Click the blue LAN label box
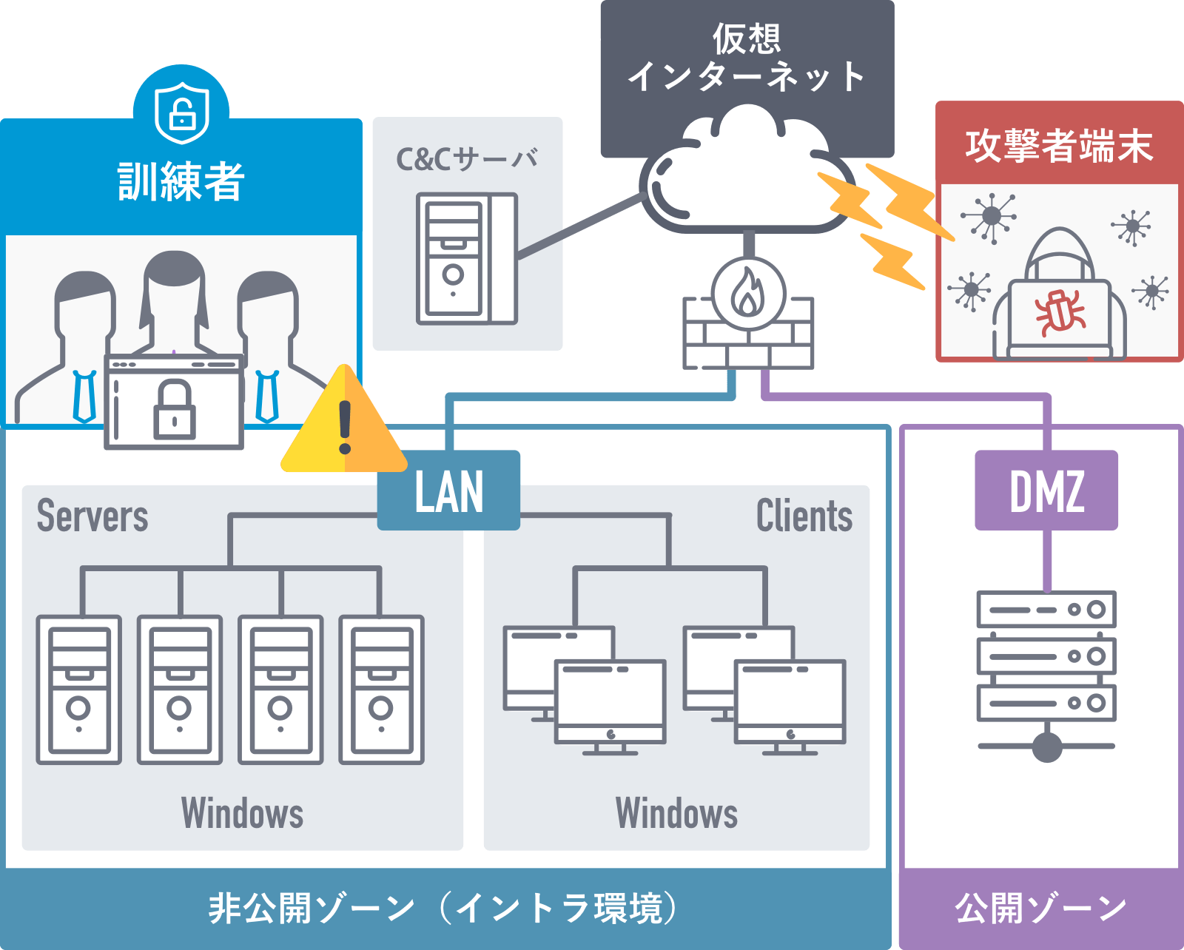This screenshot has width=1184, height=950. point(448,491)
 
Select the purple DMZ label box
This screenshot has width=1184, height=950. point(1046,491)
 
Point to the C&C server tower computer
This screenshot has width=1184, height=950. point(466,259)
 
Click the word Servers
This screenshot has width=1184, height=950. point(92,516)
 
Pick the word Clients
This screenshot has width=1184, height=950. point(804,516)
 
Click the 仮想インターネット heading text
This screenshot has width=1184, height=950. point(747,58)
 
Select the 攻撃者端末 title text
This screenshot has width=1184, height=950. point(1059,145)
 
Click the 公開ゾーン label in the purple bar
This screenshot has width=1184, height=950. point(1040,908)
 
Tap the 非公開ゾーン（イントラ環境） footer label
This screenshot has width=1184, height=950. point(444,908)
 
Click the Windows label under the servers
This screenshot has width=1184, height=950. point(242,813)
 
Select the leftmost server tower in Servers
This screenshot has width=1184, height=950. point(79,690)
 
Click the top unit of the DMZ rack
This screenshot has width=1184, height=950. point(1046,610)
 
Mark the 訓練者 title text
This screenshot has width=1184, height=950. point(181,181)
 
